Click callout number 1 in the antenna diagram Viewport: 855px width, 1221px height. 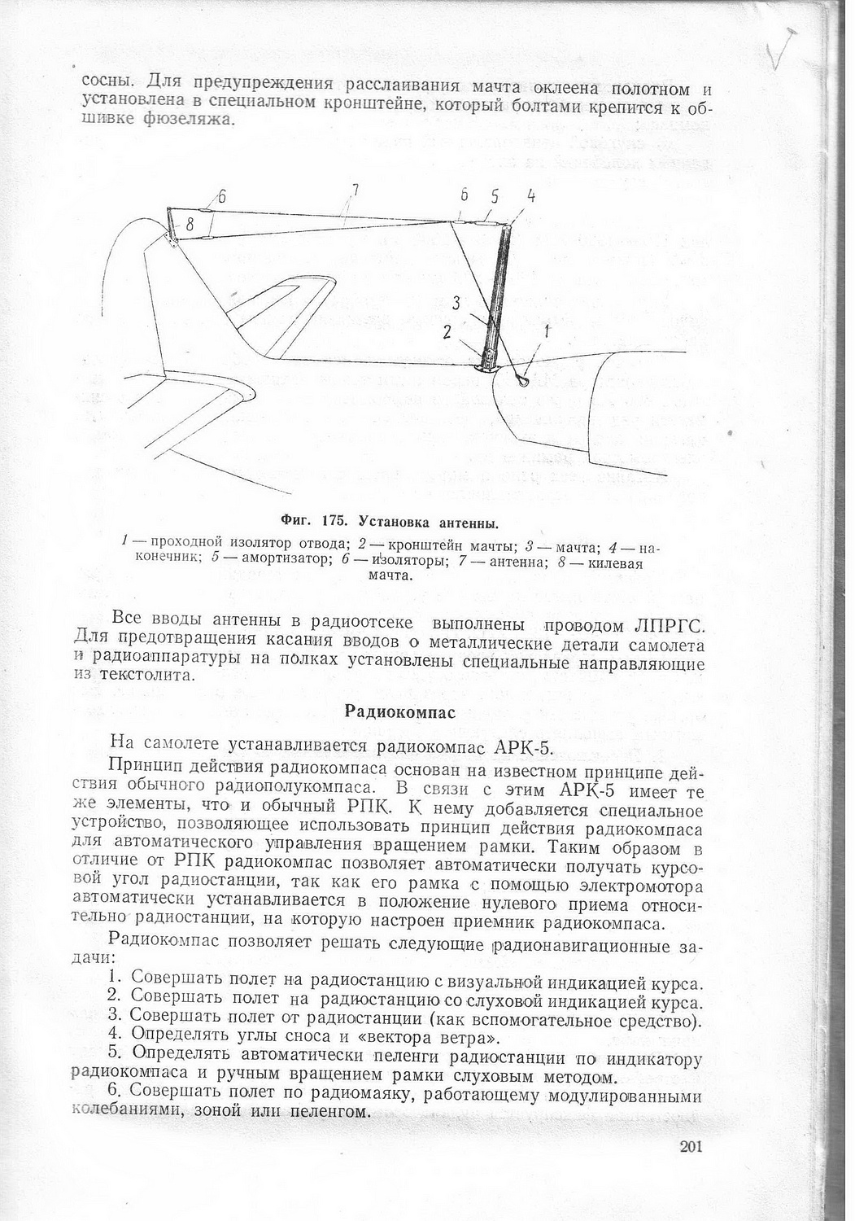click(547, 331)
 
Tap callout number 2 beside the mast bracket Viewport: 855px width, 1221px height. click(447, 331)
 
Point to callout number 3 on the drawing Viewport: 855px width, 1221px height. click(457, 302)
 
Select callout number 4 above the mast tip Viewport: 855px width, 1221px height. click(530, 196)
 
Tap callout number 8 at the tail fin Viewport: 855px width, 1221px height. click(189, 225)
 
